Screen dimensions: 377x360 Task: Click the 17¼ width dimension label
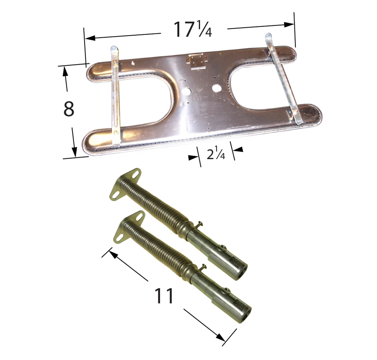tap(192, 30)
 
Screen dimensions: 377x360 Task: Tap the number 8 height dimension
tap(69, 109)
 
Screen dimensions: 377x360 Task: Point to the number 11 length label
tap(163, 296)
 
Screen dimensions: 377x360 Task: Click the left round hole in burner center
tap(186, 91)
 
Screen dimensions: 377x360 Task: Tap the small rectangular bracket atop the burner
tap(196, 61)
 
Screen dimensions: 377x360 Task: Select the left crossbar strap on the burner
tap(116, 96)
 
